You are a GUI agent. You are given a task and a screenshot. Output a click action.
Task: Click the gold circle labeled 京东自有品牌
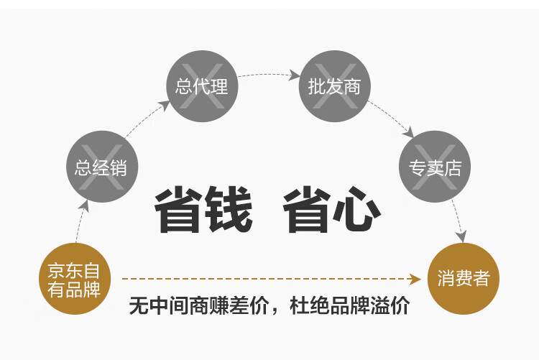coord(75,279)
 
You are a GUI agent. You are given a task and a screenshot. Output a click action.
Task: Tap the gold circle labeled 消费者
coord(463,279)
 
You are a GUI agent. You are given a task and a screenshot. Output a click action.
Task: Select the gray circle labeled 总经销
coord(102,167)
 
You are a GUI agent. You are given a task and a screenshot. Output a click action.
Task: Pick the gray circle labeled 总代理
coord(202,86)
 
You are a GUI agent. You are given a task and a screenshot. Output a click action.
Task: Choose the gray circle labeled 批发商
coord(334,86)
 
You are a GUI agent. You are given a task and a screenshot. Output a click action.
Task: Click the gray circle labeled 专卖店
coord(435,167)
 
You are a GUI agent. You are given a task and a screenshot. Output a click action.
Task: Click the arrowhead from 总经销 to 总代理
coord(165,105)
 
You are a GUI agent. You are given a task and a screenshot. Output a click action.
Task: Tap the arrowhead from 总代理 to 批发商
coord(294,75)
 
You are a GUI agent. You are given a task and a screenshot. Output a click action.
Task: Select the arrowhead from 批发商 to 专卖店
coord(408,132)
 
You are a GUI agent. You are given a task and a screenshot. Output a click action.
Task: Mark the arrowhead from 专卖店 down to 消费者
coord(461,237)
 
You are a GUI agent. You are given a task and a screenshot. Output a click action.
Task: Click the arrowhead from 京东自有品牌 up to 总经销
coord(85,206)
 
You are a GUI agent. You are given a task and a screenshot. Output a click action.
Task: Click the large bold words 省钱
coord(203,210)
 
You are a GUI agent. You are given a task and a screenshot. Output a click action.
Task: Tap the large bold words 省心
coord(332,210)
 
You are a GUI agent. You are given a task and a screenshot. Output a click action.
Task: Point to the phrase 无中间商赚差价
coord(198,305)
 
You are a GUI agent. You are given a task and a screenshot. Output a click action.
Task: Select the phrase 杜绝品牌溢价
coord(349,305)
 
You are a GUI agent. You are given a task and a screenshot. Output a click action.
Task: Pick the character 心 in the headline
coord(357,210)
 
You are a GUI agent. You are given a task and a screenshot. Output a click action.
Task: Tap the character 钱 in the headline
coord(229,210)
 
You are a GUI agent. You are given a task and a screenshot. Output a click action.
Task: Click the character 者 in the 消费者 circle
coord(482,278)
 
